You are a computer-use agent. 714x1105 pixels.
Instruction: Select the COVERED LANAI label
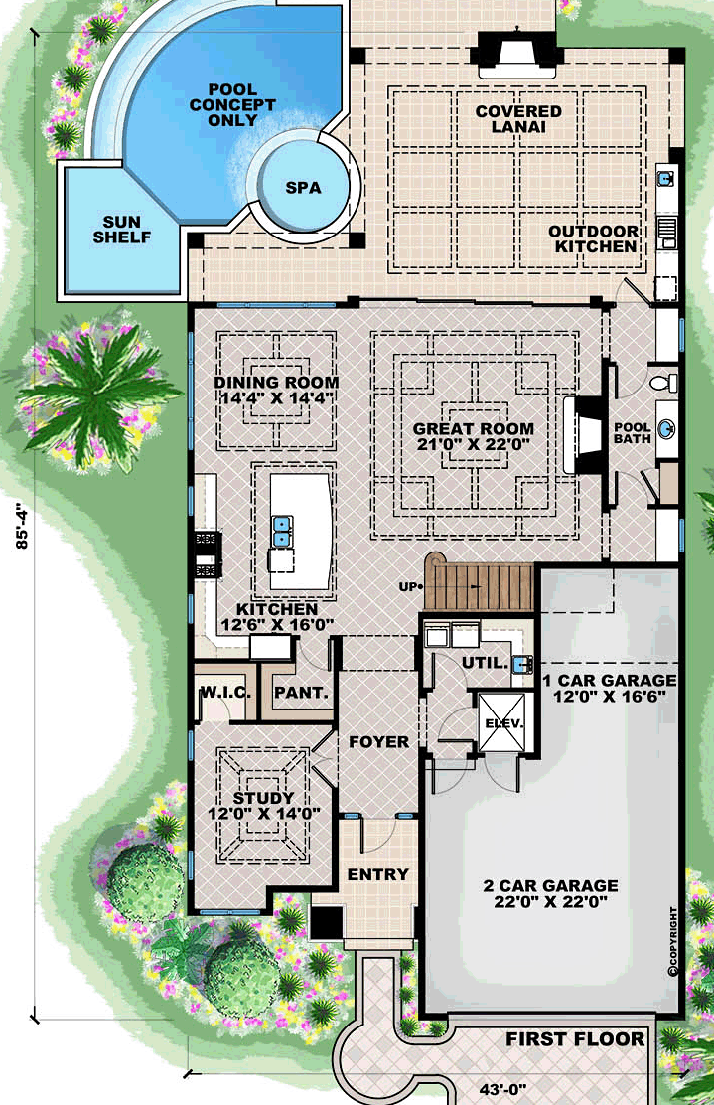(518, 120)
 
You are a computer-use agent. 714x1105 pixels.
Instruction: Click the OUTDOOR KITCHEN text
(594, 238)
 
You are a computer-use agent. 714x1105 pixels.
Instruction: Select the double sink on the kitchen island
(284, 531)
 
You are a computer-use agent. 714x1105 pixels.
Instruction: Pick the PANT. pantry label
(301, 692)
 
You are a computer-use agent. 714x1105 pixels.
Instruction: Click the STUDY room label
(263, 798)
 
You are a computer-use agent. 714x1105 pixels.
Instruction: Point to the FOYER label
(377, 742)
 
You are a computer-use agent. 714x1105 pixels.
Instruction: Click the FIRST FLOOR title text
(575, 1039)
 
